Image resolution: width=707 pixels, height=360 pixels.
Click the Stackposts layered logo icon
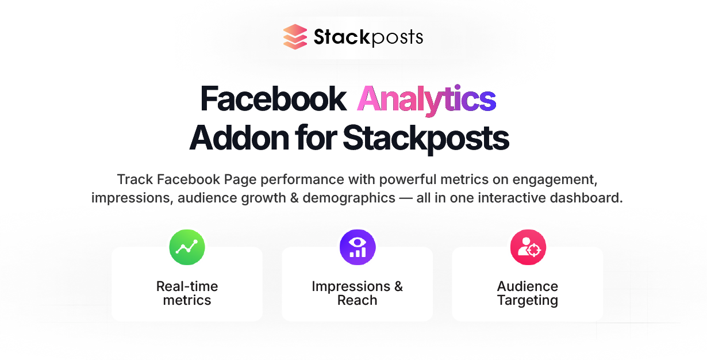coord(295,37)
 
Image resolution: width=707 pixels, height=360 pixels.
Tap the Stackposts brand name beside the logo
coord(368,37)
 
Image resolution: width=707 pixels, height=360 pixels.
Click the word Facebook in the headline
coord(274,99)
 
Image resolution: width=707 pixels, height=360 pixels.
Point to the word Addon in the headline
coord(239,138)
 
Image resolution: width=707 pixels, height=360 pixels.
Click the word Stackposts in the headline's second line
coord(426,139)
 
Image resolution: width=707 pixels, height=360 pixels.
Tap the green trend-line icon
coord(187,247)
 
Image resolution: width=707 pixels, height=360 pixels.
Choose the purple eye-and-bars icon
coord(358,247)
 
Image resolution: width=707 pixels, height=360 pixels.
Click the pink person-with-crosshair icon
coord(528,247)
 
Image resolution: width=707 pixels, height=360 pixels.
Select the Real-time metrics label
coord(187,293)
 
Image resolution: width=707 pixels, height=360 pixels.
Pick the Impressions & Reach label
coord(358,293)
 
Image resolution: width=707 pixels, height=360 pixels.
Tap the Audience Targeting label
coord(528,294)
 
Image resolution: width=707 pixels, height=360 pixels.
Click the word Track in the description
coord(135,179)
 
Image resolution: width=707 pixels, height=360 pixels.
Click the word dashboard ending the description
coord(586,198)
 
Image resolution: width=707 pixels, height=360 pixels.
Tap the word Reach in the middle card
coord(358,300)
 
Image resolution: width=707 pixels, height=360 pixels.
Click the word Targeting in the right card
coord(528,301)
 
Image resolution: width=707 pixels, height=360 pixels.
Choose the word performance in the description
coord(302,180)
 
